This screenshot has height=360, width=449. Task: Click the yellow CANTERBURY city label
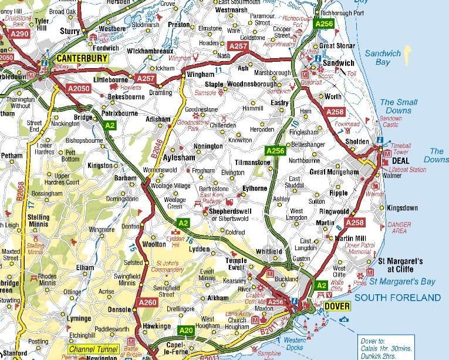point(82,58)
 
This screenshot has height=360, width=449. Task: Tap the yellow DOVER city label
point(336,306)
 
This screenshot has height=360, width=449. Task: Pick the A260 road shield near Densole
point(148,302)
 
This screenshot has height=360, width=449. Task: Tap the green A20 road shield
point(186,330)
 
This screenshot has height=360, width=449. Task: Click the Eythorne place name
point(255,189)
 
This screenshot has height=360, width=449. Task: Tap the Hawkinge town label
point(157,327)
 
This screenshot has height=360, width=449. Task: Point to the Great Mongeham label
point(333,171)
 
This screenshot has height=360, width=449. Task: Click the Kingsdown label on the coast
point(402,208)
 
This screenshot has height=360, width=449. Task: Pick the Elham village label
point(85,267)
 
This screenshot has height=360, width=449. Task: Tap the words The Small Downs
point(399,106)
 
